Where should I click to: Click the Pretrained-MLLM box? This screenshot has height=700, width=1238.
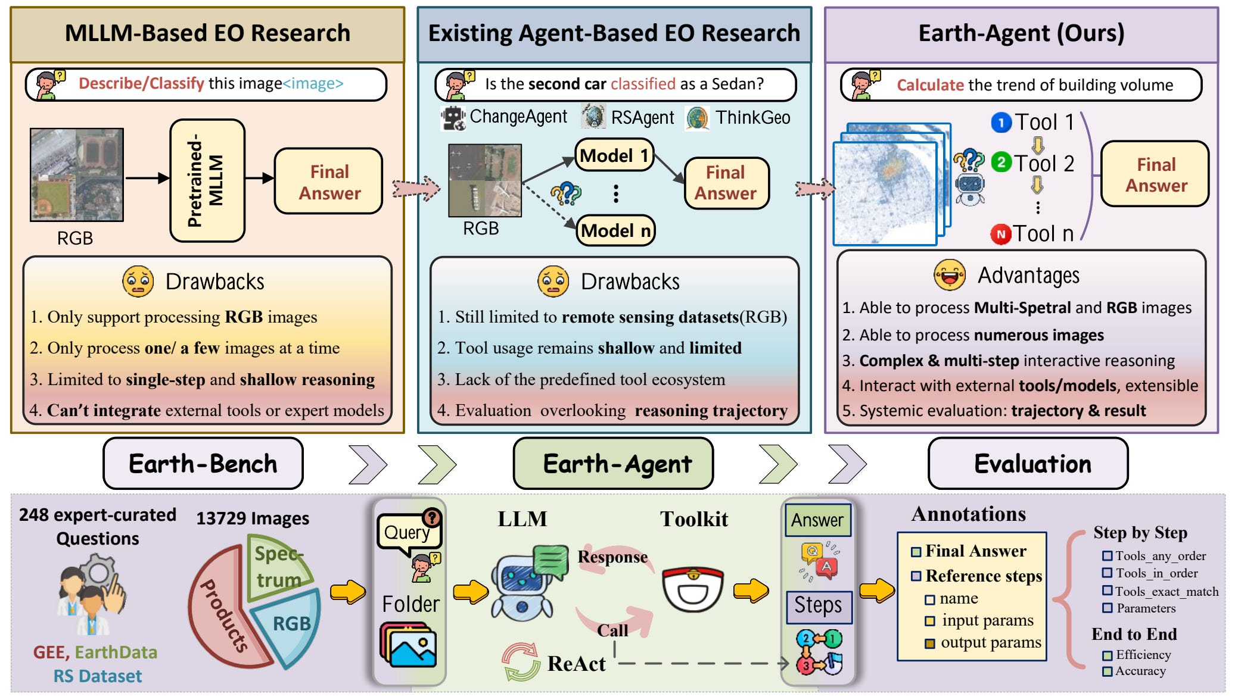tap(207, 181)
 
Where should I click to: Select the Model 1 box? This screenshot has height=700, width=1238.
tap(614, 155)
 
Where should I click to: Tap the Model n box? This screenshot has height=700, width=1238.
tap(615, 230)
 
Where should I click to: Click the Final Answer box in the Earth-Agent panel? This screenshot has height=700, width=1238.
tap(1155, 174)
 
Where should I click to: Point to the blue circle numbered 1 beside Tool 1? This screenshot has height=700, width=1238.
tap(1001, 123)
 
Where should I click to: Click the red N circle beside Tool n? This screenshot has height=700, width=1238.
tap(1001, 234)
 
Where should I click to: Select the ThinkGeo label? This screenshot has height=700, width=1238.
tap(752, 117)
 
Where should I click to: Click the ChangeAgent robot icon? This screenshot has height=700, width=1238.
tap(453, 117)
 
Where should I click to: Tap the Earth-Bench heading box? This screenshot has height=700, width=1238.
tap(203, 464)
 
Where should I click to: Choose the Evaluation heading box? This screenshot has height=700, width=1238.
tap(1028, 464)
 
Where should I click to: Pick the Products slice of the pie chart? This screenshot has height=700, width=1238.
tap(223, 613)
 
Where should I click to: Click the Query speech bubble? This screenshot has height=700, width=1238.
tap(408, 532)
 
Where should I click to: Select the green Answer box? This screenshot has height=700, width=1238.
tap(817, 520)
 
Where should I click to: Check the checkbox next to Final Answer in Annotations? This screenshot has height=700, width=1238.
tap(916, 552)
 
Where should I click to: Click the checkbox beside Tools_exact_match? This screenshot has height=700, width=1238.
tap(1107, 590)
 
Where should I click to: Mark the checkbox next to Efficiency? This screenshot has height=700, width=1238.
tap(1107, 655)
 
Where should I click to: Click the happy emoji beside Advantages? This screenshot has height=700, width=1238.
tap(950, 275)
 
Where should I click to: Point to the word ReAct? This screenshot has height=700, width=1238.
tap(576, 664)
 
